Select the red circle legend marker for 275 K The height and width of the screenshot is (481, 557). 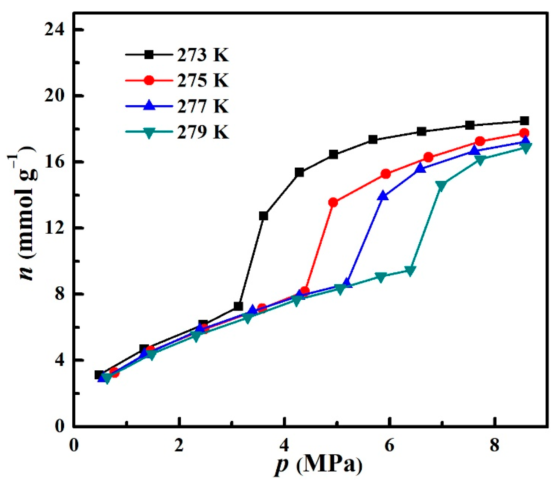click(x=149, y=80)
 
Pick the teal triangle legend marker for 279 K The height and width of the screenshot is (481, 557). click(x=149, y=132)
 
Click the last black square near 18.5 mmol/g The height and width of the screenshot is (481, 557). click(x=524, y=121)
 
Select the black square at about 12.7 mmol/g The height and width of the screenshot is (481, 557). click(x=263, y=216)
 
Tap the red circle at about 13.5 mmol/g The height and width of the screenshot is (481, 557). click(x=333, y=202)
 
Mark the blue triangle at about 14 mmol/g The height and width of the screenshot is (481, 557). click(x=383, y=196)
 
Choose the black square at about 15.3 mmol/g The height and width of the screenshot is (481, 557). click(x=299, y=172)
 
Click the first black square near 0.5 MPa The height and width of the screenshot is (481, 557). click(x=99, y=375)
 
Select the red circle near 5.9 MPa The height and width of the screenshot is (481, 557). click(x=386, y=174)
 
